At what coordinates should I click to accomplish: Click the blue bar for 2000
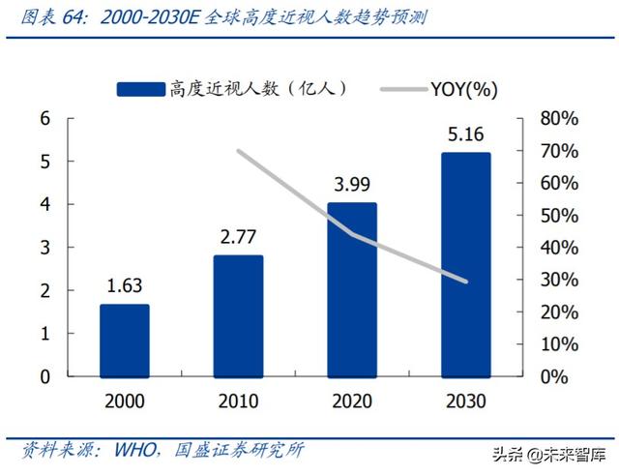tap(124, 340)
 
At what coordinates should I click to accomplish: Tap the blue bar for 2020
tap(352, 289)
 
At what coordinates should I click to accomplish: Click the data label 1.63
tap(124, 285)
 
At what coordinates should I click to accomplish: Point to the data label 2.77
tap(238, 236)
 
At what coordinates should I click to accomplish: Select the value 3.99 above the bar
tap(352, 184)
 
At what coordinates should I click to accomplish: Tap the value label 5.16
tap(467, 134)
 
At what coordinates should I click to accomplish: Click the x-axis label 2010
tap(238, 401)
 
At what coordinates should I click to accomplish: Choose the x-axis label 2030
tap(466, 401)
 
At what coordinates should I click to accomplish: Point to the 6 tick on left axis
tap(44, 119)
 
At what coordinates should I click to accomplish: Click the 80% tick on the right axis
tap(558, 119)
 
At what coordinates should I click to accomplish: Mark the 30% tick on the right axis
tap(558, 281)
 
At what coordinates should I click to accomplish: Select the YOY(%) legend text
tap(464, 90)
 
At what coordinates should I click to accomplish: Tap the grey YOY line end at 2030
tap(466, 282)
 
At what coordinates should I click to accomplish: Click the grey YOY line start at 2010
tap(238, 151)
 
